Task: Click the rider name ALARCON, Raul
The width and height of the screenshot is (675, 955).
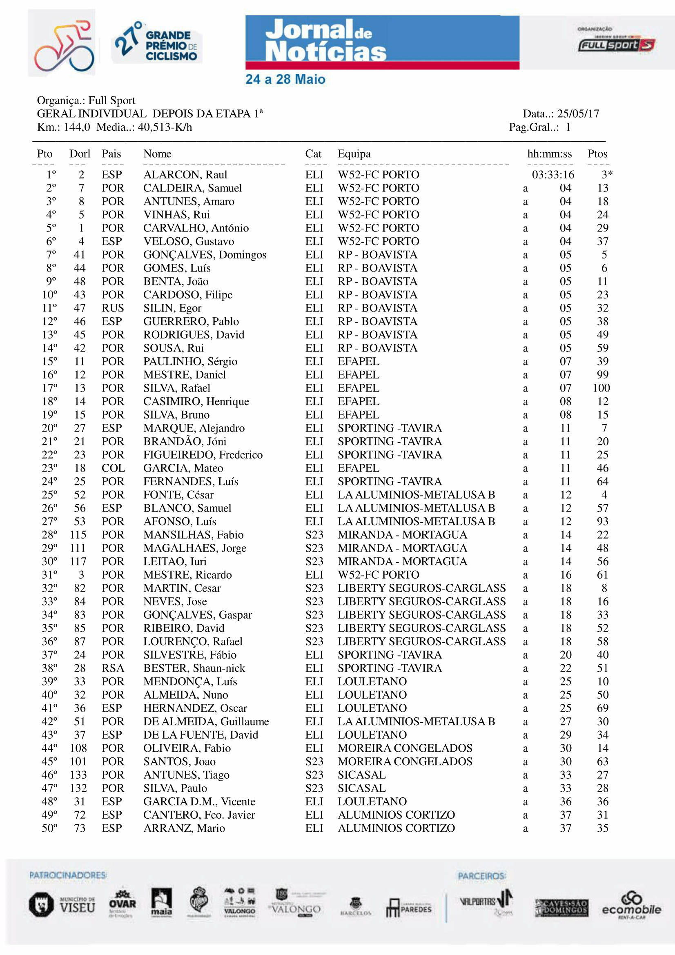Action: coord(185,175)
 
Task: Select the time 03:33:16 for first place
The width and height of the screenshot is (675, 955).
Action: coord(553,175)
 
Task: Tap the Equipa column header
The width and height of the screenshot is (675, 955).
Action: coord(354,154)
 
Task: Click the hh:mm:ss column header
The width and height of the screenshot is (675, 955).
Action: coord(549,154)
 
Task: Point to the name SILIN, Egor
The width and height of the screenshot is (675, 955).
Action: coord(172,308)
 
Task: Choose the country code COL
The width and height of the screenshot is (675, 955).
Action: coord(113,468)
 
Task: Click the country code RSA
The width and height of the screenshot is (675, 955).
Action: coord(113,668)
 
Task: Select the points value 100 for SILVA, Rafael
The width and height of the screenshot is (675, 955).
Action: coord(601,388)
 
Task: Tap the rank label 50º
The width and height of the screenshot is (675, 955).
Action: coord(49,828)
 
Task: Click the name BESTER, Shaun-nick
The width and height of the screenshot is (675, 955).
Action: coord(194,668)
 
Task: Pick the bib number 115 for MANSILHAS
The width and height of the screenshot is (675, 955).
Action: coord(78,535)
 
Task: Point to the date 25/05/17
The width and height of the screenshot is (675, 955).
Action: coord(578,114)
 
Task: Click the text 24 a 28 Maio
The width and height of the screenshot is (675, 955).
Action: coord(285,80)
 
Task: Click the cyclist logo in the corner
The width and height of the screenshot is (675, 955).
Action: coord(62,43)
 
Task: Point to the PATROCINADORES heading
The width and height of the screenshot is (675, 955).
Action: coord(68,875)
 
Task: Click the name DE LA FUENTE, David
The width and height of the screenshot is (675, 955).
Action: coord(200,735)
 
